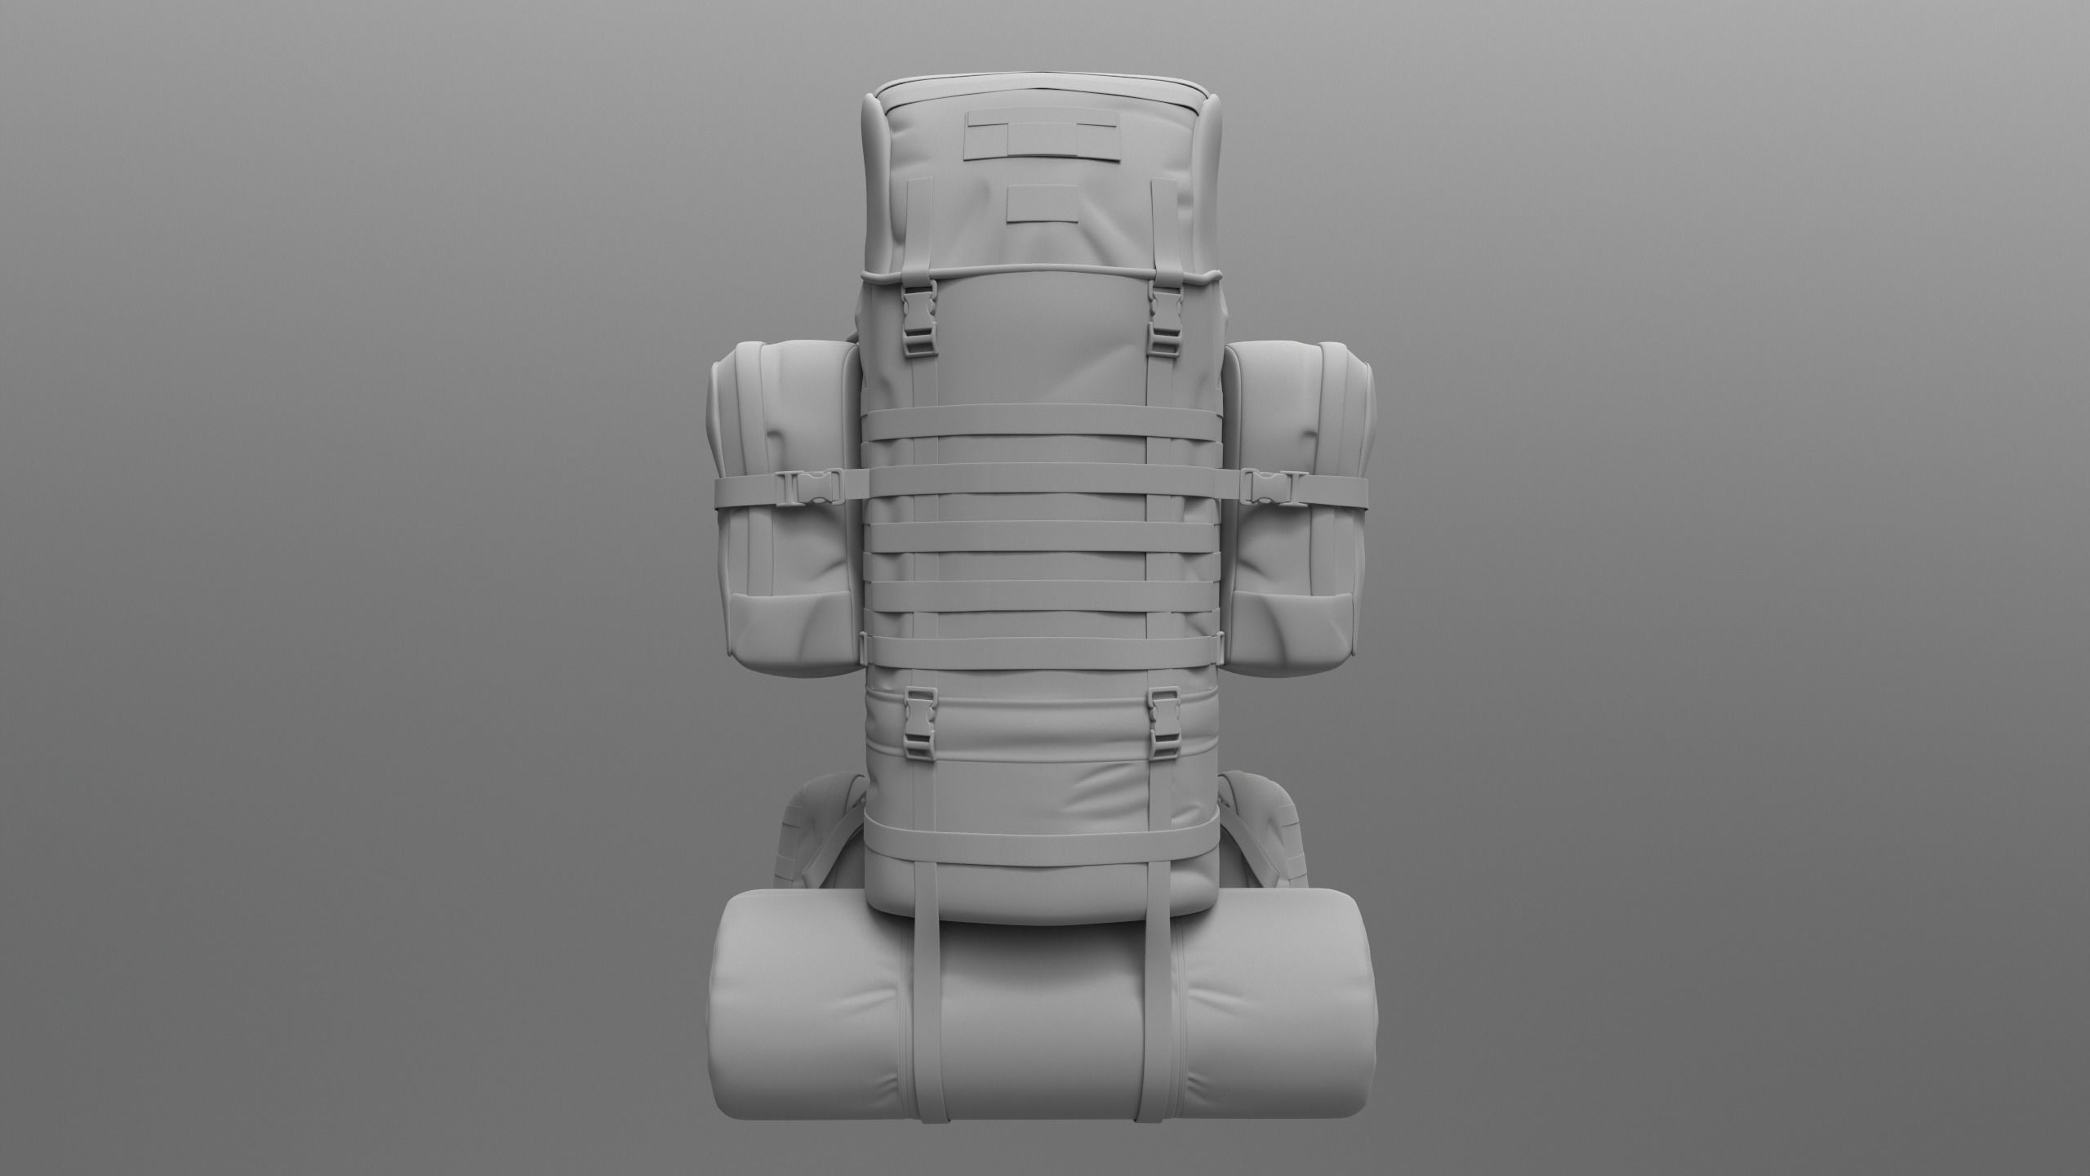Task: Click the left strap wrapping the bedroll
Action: click(928, 1021)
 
